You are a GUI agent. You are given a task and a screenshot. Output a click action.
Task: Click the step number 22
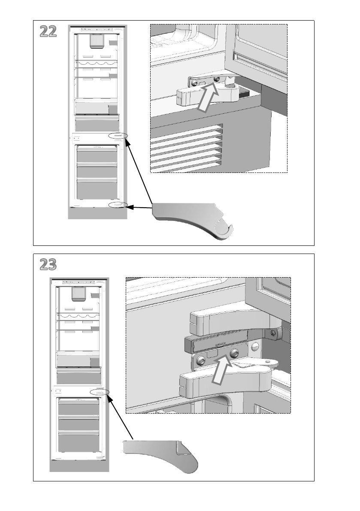tap(48, 31)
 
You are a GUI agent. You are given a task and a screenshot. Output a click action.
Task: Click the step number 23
tap(48, 265)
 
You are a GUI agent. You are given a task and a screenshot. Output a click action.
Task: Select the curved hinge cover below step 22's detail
tap(195, 219)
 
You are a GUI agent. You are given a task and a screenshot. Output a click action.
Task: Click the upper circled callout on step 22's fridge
tap(118, 136)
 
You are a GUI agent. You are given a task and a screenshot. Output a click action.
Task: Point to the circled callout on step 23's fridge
tap(100, 392)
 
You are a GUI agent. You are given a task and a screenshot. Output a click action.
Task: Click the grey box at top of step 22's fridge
tap(95, 41)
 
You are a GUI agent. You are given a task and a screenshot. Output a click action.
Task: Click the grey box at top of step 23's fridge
tap(77, 293)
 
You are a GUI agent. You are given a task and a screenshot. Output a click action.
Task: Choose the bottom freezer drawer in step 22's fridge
tap(97, 189)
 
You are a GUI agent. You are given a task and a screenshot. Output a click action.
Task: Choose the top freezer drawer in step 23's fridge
tap(79, 406)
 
